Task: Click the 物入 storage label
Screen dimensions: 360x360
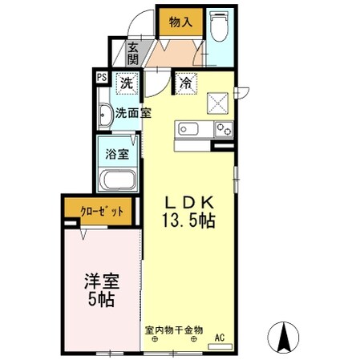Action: pos(179,22)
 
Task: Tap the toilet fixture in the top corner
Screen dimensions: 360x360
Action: pos(218,26)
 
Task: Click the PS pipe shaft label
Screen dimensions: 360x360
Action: pos(101,78)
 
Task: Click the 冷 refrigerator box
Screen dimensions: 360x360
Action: pos(185,82)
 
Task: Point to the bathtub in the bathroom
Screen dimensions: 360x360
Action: pos(118,179)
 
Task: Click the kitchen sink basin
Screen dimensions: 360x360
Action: pos(188,129)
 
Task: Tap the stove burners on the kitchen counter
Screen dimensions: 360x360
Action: pos(223,129)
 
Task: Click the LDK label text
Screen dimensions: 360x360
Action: pos(189,203)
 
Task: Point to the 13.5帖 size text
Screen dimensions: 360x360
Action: pos(190,222)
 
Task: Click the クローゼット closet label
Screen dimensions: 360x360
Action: pos(102,212)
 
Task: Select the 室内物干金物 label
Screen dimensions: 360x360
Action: pos(174,329)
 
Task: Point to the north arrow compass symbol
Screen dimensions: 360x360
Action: pos(283,335)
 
